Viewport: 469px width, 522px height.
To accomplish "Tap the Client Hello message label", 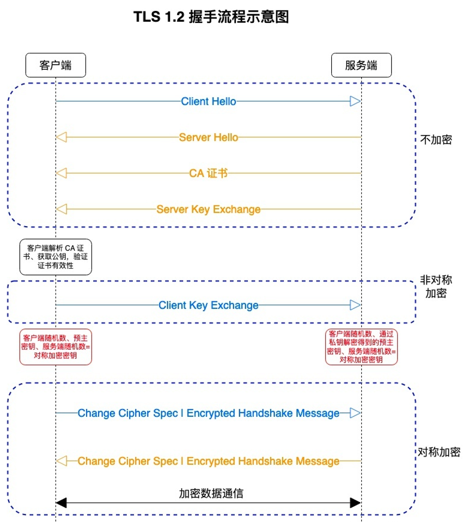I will [208, 101].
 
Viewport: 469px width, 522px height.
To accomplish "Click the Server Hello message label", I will [208, 137].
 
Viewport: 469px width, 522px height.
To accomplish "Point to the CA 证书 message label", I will [208, 173].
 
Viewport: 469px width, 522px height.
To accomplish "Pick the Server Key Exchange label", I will [208, 209].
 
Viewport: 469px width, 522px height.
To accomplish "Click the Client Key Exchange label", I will [208, 305].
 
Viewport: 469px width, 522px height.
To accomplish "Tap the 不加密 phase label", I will [436, 139].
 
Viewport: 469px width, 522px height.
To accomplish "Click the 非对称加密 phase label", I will [436, 287].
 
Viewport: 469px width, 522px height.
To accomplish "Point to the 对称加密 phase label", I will [439, 452].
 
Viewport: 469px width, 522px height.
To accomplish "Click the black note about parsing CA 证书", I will [56, 256].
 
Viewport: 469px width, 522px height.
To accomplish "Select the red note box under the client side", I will [56, 346].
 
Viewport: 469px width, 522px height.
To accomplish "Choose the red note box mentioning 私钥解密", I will [361, 346].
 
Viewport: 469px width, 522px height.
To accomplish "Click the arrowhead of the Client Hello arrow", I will [355, 101].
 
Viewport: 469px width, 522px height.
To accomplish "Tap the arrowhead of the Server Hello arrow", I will [62, 137].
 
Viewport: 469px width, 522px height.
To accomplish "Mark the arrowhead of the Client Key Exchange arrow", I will [355, 305].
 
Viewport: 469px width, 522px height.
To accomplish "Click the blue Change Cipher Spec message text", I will [208, 413].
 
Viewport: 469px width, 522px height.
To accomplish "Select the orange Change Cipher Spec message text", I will [208, 462].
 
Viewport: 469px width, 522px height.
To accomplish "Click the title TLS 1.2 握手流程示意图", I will [211, 17].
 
